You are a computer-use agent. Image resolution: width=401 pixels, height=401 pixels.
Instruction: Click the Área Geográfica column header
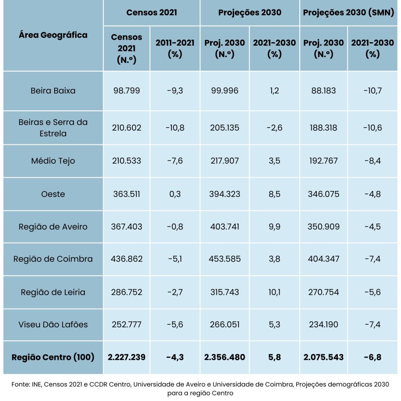point(53,35)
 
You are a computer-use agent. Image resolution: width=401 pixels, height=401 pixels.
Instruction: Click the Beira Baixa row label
point(53,91)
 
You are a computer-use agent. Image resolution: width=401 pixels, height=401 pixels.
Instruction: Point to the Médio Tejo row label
point(53,161)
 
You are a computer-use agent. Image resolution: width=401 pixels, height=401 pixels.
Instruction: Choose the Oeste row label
point(53,194)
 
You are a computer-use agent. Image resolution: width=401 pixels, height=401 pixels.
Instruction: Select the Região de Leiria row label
point(53,292)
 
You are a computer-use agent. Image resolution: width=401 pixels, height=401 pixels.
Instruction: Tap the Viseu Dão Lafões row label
point(53,324)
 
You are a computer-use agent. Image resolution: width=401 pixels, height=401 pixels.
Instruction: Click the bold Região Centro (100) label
point(53,357)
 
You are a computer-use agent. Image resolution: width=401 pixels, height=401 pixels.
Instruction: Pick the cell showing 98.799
point(126,91)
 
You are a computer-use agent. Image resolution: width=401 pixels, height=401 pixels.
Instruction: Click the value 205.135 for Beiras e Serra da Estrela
point(225,128)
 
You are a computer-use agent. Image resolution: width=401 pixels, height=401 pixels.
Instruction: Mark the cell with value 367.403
point(126,227)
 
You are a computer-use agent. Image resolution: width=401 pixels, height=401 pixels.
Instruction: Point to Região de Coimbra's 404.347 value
point(323,259)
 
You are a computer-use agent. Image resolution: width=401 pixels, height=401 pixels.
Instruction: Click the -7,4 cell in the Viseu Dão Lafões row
point(372,324)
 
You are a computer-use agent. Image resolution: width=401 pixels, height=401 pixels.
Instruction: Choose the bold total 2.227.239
point(126,357)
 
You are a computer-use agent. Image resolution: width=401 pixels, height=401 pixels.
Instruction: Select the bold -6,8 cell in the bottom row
point(372,357)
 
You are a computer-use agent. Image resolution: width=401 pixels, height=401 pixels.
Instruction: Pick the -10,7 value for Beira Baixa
point(372,91)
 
